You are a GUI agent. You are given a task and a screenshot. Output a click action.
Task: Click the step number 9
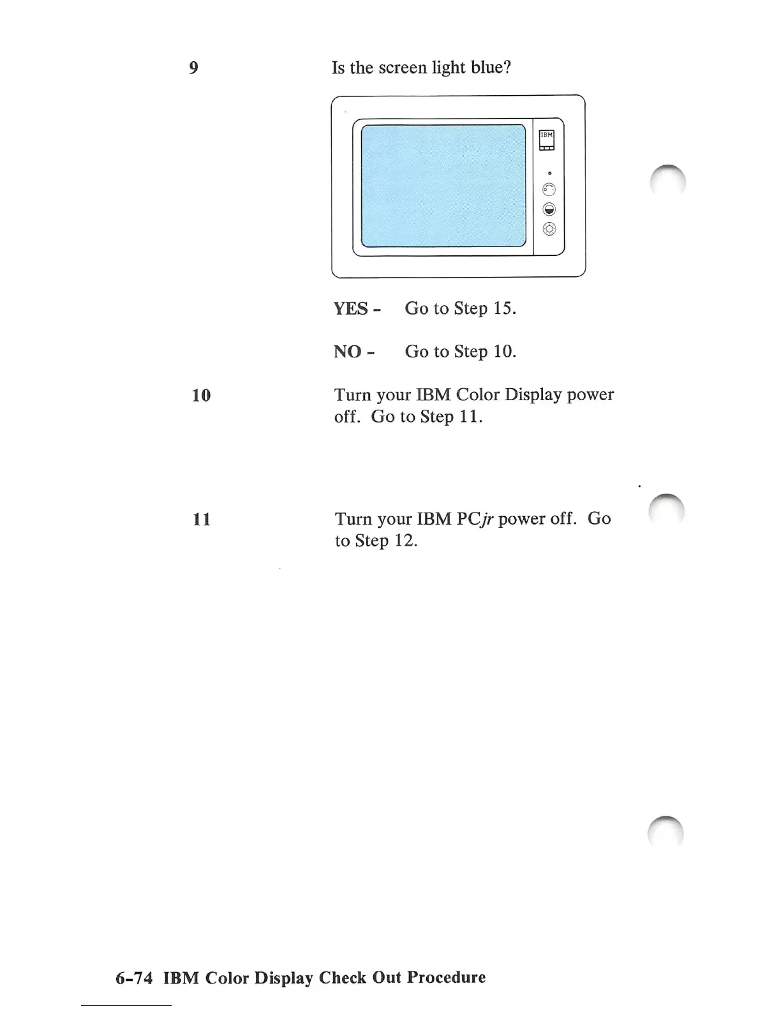tap(193, 68)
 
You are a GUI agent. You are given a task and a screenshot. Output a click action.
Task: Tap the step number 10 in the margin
tap(201, 396)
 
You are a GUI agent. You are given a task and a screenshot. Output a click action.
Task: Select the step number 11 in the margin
tap(202, 520)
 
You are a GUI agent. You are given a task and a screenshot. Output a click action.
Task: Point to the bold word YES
tap(352, 309)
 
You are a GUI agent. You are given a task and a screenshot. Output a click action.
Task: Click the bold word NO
tap(348, 352)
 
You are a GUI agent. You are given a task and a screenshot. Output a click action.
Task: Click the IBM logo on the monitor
tap(547, 139)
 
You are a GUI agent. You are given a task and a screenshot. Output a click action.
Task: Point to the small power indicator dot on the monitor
tap(549, 173)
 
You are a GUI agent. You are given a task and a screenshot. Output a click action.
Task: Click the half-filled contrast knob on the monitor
tap(549, 209)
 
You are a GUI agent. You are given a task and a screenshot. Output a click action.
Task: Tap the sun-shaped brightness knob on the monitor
tap(549, 229)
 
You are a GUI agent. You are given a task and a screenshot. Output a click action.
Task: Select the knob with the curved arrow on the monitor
tap(549, 190)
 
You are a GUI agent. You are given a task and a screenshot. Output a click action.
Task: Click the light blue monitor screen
tap(443, 186)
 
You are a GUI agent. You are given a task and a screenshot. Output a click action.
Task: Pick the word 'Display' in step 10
tap(533, 395)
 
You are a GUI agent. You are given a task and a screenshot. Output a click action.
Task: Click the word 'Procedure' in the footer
tap(446, 977)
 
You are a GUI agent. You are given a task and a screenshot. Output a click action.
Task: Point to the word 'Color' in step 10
tap(477, 394)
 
